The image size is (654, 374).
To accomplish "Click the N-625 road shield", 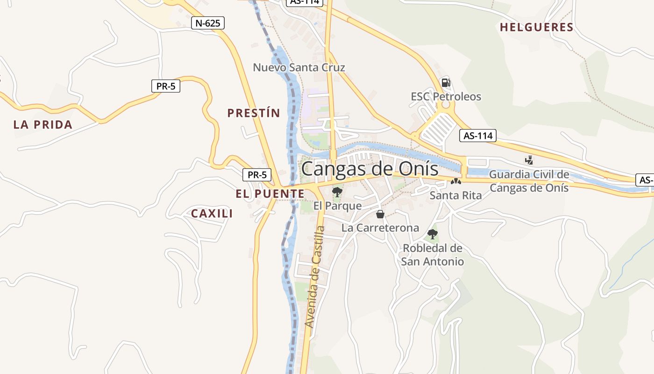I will [208, 23].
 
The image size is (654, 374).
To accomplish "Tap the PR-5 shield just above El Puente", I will [257, 175].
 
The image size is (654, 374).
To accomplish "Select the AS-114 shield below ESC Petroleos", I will [478, 136].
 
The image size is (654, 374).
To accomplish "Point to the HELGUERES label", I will [537, 27].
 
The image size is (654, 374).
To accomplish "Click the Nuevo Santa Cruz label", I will [299, 67].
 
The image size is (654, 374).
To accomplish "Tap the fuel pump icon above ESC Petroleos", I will [446, 83].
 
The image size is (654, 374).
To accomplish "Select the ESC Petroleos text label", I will [446, 97].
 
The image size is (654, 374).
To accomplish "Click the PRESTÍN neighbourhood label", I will [254, 113].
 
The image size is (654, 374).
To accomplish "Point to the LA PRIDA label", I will [43, 124].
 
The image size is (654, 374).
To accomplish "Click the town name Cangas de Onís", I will [370, 169].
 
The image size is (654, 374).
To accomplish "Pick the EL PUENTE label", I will [270, 194].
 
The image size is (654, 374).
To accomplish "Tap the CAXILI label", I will [212, 214].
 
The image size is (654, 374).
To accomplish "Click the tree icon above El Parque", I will [337, 192].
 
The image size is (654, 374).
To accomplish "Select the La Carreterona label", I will [380, 228].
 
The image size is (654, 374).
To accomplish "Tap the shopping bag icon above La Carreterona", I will [380, 214].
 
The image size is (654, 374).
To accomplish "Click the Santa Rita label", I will [455, 195].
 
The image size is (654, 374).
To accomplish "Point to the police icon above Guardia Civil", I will [529, 160].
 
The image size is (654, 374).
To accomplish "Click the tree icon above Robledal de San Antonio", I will [433, 234].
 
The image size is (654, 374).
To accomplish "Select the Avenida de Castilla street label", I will [314, 277].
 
